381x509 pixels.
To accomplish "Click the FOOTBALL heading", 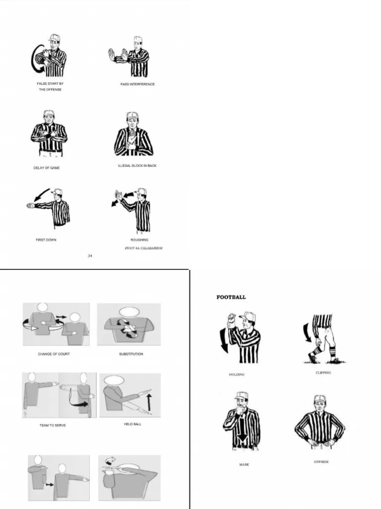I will (x=231, y=297).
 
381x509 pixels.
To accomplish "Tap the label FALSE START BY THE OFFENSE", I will (x=50, y=86).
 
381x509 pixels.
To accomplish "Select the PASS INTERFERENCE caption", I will (x=137, y=85).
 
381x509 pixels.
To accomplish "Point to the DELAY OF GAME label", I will (x=47, y=168).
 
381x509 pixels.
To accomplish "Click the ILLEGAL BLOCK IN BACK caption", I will (x=137, y=166).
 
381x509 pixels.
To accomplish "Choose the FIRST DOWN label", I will (x=46, y=240).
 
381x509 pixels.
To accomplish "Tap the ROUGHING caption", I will (x=139, y=240).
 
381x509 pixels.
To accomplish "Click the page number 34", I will (x=90, y=256).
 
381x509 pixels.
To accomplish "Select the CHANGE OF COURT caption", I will (x=54, y=354).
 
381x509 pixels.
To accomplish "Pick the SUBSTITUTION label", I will (x=131, y=354).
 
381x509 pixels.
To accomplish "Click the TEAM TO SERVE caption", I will (x=53, y=425).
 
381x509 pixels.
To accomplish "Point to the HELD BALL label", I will (x=132, y=424).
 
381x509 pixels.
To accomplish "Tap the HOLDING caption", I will (x=237, y=374).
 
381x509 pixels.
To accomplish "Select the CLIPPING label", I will (x=323, y=372).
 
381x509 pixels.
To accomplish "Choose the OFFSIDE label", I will (x=321, y=462).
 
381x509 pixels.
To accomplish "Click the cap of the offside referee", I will (x=319, y=399).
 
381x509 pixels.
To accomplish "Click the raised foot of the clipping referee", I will (x=312, y=356).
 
